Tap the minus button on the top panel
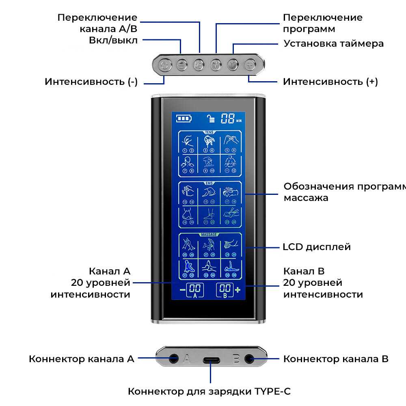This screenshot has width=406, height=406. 181,65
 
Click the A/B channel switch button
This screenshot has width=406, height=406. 198,65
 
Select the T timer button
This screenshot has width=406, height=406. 232,65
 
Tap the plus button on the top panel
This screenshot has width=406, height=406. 250,65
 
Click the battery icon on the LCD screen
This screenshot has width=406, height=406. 183,119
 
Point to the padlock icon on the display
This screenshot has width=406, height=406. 210,119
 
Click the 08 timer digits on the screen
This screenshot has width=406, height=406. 228,119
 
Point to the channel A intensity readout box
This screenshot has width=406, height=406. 195,290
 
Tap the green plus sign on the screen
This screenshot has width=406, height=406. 238,289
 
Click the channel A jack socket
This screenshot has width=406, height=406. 174,359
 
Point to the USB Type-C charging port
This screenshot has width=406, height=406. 211,360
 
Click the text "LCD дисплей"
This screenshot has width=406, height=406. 317,247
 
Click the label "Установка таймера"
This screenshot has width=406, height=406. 333,43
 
